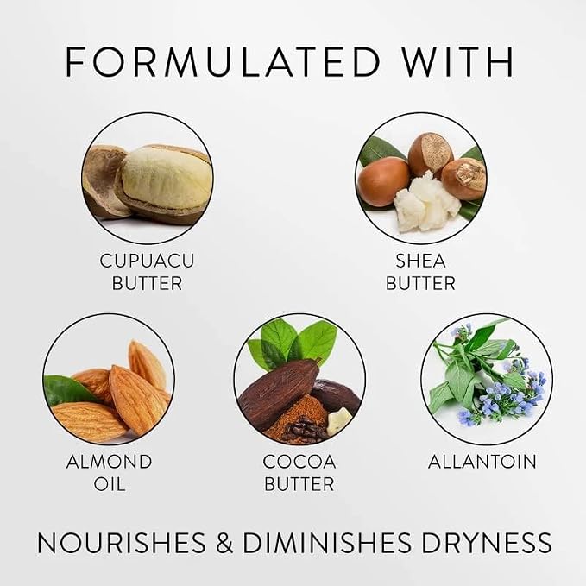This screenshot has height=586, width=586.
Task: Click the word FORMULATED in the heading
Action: [x=223, y=61]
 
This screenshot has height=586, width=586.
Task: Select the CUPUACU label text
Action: [x=147, y=261]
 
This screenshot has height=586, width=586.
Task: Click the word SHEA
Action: [x=421, y=261]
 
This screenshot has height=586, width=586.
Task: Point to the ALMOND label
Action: [x=109, y=462]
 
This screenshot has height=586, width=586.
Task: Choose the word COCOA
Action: [x=299, y=462]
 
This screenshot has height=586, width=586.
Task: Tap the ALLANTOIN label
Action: [x=482, y=462]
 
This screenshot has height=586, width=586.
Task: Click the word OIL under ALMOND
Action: [x=109, y=484]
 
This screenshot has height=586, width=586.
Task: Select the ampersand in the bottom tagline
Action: [x=224, y=543]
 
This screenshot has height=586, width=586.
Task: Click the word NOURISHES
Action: [x=122, y=543]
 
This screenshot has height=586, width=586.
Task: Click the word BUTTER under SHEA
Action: [x=421, y=283]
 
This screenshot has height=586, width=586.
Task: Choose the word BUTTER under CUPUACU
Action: [x=147, y=283]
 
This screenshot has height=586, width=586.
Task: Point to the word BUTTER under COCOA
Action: [x=299, y=484]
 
